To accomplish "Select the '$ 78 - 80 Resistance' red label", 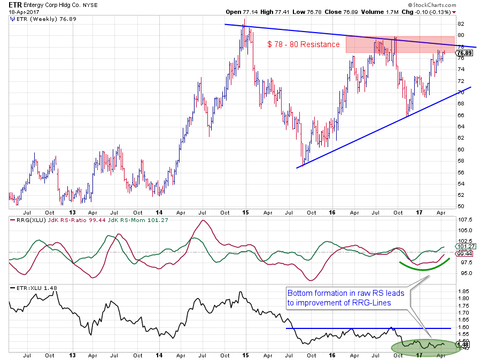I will click(304, 44).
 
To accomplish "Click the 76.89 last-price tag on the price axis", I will click(464, 53).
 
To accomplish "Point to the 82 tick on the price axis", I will click(461, 24).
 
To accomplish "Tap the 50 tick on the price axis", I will click(461, 206).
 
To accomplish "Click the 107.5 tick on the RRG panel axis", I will click(463, 219).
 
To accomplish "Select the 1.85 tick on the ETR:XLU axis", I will click(462, 291).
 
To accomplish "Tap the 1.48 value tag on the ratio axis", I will click(463, 346).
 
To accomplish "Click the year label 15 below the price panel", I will click(245, 212).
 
